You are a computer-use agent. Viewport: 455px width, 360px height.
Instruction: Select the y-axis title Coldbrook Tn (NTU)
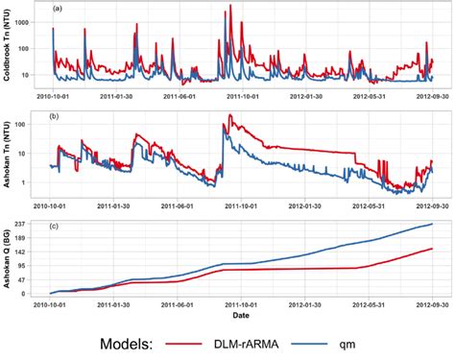[8, 49]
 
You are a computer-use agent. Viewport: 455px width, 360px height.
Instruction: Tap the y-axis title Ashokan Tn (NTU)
[8, 156]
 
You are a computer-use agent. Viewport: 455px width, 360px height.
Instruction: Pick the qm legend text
[392, 342]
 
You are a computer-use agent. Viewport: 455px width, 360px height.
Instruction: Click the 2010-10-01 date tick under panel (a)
[52, 96]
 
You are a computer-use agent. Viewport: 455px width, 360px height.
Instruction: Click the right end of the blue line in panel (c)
[432, 225]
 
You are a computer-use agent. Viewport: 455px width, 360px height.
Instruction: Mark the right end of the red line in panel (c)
[432, 249]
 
